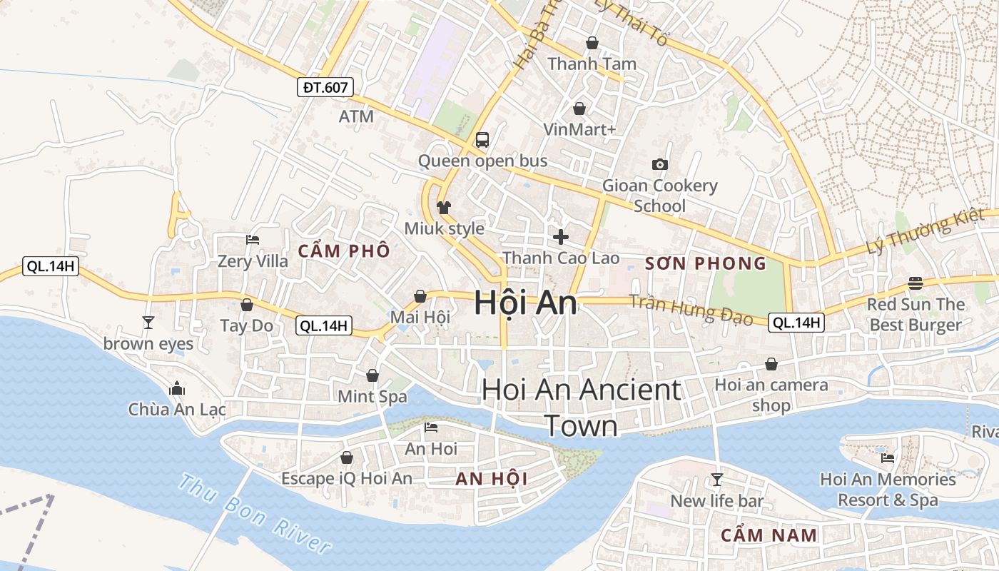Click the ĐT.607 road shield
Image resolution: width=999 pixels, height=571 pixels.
coord(325,88)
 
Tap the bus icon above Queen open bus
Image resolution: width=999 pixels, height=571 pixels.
coord(482,139)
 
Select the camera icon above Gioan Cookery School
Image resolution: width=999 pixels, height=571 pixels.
coord(660,165)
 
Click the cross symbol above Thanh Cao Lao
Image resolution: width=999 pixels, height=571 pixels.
coord(561,236)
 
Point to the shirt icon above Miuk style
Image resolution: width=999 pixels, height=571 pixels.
coord(444,208)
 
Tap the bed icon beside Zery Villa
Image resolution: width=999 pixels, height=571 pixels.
coord(253,240)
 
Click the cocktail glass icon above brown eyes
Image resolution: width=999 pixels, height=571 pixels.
coord(148,323)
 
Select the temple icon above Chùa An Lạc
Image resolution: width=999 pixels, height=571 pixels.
coord(177,389)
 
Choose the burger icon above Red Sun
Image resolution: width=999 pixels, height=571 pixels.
coord(916,283)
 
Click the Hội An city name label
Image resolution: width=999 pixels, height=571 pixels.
coord(526,303)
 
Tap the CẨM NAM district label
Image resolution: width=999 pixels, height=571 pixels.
coord(769,535)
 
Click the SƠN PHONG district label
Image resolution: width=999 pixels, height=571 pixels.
coord(706,263)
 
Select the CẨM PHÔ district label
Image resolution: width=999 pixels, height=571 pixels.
coord(344,251)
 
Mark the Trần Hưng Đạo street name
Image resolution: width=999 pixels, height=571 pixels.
coord(691,309)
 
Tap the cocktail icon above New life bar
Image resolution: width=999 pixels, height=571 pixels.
coord(717,480)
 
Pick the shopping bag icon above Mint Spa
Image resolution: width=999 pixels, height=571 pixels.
coord(372,375)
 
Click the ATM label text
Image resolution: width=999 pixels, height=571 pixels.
coord(356,116)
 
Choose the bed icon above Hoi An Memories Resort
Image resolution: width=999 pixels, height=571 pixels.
coord(888,458)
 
